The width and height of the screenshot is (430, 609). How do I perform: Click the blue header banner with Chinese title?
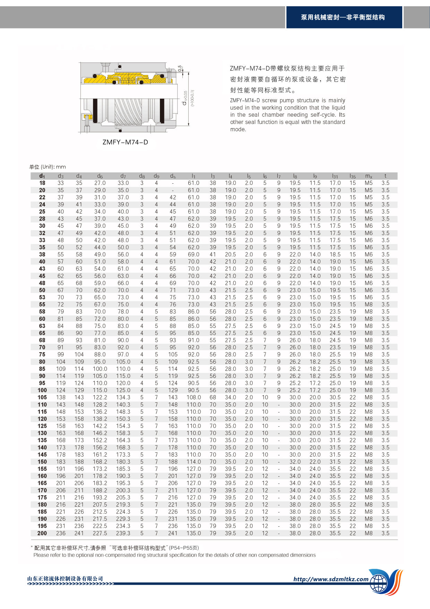tap(343, 17)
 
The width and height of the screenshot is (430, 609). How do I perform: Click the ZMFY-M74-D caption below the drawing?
tap(125, 142)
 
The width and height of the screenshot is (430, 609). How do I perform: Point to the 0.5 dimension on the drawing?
tap(180, 68)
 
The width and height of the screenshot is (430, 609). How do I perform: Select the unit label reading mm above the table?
tap(61, 167)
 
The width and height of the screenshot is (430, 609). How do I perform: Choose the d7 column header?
tap(123, 176)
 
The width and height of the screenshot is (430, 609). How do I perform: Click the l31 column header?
tap(335, 176)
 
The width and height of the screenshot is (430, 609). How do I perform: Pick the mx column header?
tap(369, 176)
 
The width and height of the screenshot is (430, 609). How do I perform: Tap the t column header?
tap(385, 176)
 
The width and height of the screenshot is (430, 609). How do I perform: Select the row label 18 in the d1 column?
tap(42, 183)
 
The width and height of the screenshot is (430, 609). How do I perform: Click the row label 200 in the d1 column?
tap(42, 533)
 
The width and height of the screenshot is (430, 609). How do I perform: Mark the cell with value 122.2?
tap(100, 397)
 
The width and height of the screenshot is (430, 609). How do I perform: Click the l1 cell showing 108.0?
tap(193, 397)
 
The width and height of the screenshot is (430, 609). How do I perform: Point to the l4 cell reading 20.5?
tap(230, 255)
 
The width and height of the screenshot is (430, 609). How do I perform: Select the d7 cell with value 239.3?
tap(123, 533)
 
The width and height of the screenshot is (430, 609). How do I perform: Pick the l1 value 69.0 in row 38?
tap(193, 255)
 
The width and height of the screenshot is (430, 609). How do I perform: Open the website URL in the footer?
tap(331, 579)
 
